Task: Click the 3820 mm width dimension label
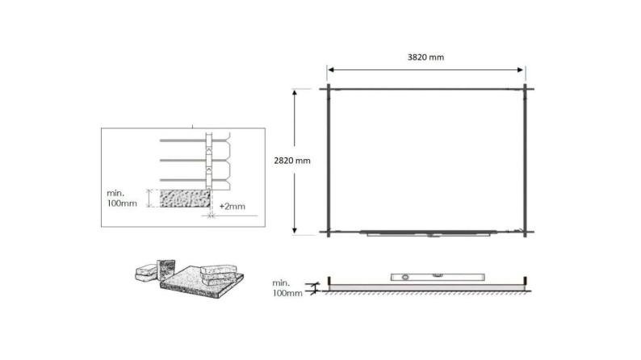click(425, 57)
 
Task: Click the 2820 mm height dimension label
click(292, 161)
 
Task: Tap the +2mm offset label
click(232, 207)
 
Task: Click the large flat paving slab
click(194, 282)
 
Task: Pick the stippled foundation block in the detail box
click(184, 199)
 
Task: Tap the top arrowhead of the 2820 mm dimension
click(295, 92)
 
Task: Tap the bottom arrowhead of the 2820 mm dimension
click(295, 230)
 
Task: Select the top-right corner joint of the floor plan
click(524, 88)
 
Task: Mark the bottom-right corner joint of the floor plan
click(524, 232)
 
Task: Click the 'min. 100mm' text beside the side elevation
click(286, 288)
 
